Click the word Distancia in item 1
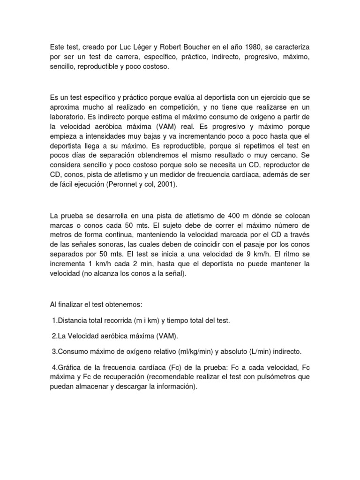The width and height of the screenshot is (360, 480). click(71, 320)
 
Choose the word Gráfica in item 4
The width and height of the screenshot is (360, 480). click(70, 367)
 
